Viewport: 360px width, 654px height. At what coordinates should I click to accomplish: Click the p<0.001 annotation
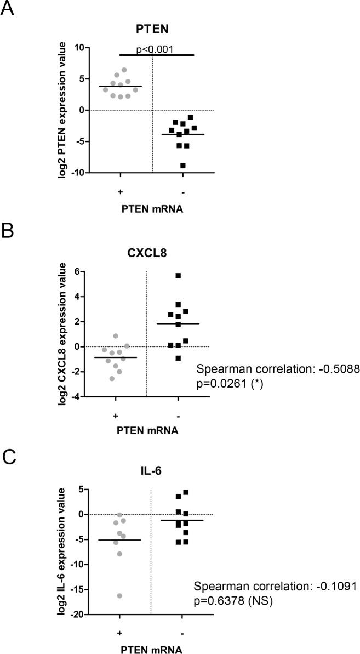tap(155, 49)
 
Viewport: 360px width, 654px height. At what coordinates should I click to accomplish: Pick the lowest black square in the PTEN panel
tap(182, 166)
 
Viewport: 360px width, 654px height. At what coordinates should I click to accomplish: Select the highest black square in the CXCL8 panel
tap(178, 275)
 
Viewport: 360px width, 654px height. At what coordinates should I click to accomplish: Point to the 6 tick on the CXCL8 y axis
tap(77, 271)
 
